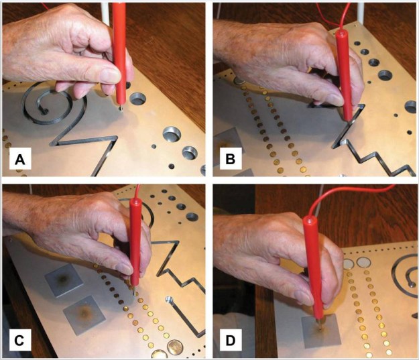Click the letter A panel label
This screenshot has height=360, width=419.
(19, 160)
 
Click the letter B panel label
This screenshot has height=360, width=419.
(231, 159)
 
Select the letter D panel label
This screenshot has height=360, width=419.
(231, 340)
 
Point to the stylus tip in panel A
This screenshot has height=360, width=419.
(121, 108)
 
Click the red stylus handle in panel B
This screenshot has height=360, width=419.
(345, 74)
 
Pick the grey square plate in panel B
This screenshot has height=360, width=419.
(228, 143)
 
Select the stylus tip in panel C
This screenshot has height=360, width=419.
(135, 292)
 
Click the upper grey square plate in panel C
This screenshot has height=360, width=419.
(64, 280)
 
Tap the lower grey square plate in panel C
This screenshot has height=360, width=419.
(84, 314)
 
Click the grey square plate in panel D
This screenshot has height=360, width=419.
(321, 332)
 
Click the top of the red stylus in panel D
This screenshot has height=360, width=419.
(310, 220)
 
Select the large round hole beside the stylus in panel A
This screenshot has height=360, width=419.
(137, 99)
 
